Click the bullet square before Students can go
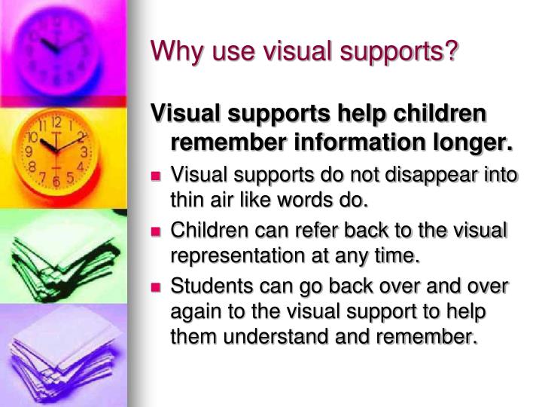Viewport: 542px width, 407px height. coord(157,287)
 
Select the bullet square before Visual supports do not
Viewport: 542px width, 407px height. coord(157,176)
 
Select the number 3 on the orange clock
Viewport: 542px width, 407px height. coord(85,151)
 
